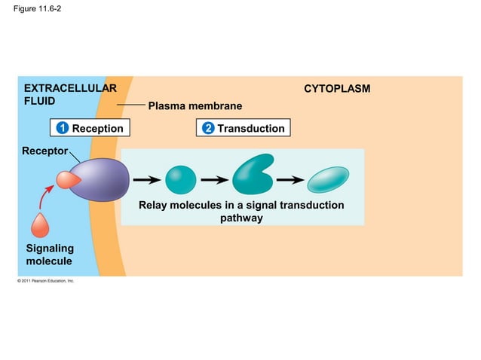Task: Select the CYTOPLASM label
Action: pyautogui.click(x=337, y=89)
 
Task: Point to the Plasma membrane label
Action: pyautogui.click(x=195, y=106)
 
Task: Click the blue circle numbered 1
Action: pyautogui.click(x=63, y=129)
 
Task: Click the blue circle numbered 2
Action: pyautogui.click(x=208, y=129)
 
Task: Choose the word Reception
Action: pyautogui.click(x=97, y=129)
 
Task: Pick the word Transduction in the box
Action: pyautogui.click(x=251, y=129)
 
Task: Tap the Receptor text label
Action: pyautogui.click(x=44, y=150)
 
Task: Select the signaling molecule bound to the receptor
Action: pyautogui.click(x=67, y=179)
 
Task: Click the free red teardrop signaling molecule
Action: pyautogui.click(x=41, y=225)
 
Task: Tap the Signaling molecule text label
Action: pyautogui.click(x=50, y=255)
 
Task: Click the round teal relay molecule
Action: pyautogui.click(x=180, y=180)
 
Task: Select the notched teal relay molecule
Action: pyautogui.click(x=253, y=176)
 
